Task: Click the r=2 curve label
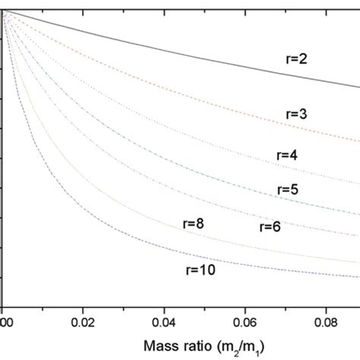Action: tap(308, 57)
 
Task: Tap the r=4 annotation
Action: tap(286, 155)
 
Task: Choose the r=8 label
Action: tap(196, 223)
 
